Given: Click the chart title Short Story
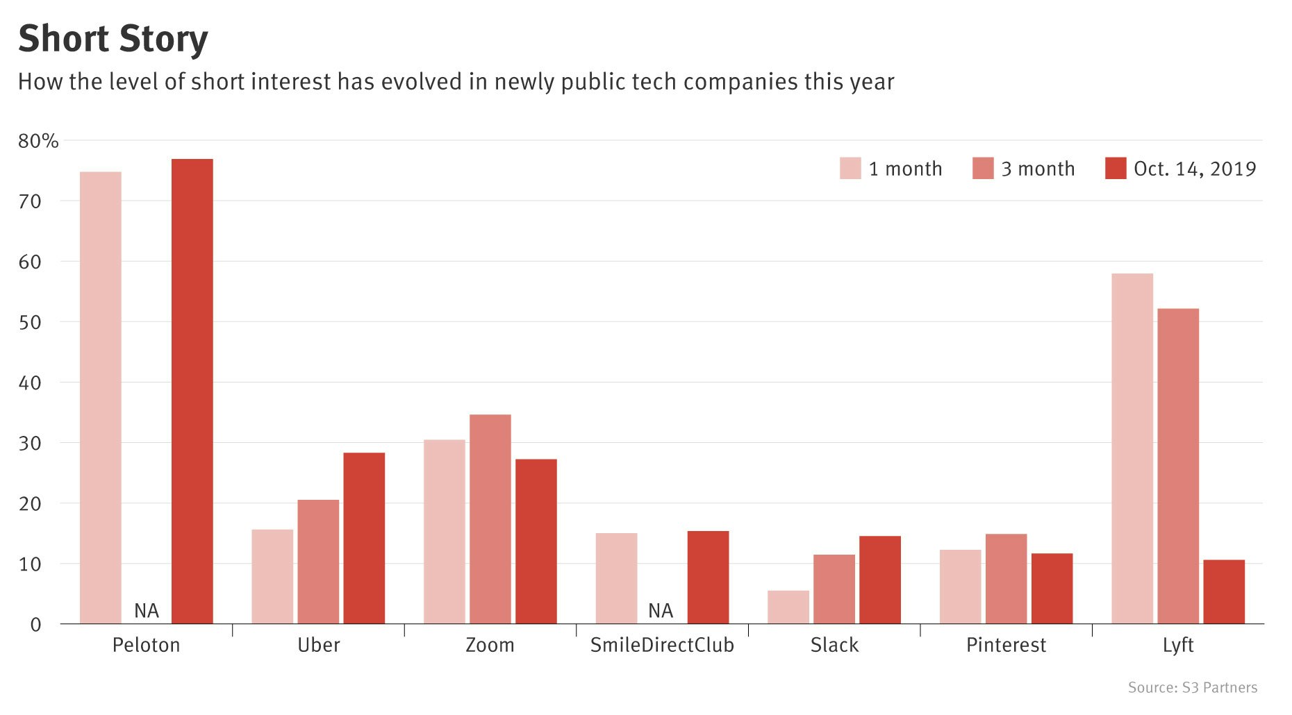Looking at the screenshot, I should tap(113, 39).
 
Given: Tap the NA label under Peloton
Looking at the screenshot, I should tap(147, 611).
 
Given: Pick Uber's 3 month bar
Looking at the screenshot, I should tap(318, 562).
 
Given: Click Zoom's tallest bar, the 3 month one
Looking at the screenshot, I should tap(490, 519).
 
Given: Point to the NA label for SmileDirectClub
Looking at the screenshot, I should tap(661, 611).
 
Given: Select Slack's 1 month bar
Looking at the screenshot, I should tap(788, 607).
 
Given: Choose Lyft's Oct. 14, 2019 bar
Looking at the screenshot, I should tap(1224, 592).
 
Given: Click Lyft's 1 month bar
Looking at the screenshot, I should tap(1132, 448).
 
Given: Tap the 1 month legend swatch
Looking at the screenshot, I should tap(850, 169).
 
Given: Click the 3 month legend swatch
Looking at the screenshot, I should tap(983, 169).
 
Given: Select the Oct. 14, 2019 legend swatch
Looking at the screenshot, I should tap(1116, 169).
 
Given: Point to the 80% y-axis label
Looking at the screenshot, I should tap(38, 141).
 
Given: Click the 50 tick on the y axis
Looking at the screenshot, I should tap(31, 322).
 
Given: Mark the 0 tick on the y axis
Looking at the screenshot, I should tap(36, 625).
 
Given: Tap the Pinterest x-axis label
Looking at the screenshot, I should tap(1006, 646).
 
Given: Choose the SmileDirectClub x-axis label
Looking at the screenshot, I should tap(662, 646).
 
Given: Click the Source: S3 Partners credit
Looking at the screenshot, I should tap(1193, 687).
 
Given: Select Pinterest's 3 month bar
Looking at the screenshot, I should tap(1006, 579).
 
